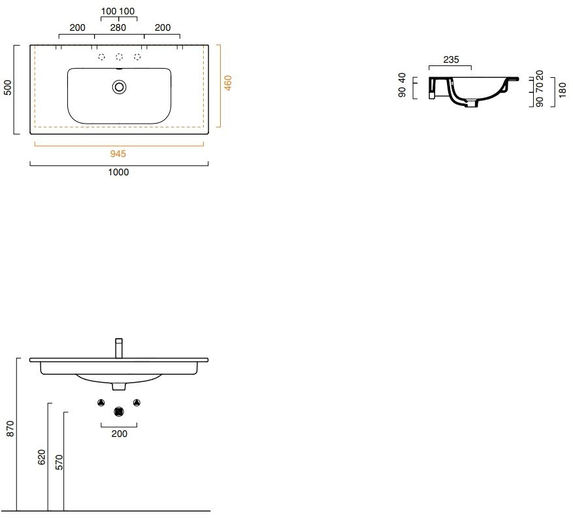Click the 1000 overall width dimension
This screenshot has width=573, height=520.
click(x=118, y=172)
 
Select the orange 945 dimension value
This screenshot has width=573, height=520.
click(x=118, y=154)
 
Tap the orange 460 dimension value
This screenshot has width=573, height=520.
click(x=227, y=83)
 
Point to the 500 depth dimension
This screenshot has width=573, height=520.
click(x=8, y=88)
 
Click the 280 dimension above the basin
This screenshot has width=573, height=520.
click(x=118, y=27)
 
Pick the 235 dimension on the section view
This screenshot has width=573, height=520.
click(x=451, y=60)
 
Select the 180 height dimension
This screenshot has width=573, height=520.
click(x=563, y=90)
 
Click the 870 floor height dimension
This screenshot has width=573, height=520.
click(x=10, y=428)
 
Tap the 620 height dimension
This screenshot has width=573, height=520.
click(x=42, y=457)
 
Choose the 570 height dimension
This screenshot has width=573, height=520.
click(x=59, y=462)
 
